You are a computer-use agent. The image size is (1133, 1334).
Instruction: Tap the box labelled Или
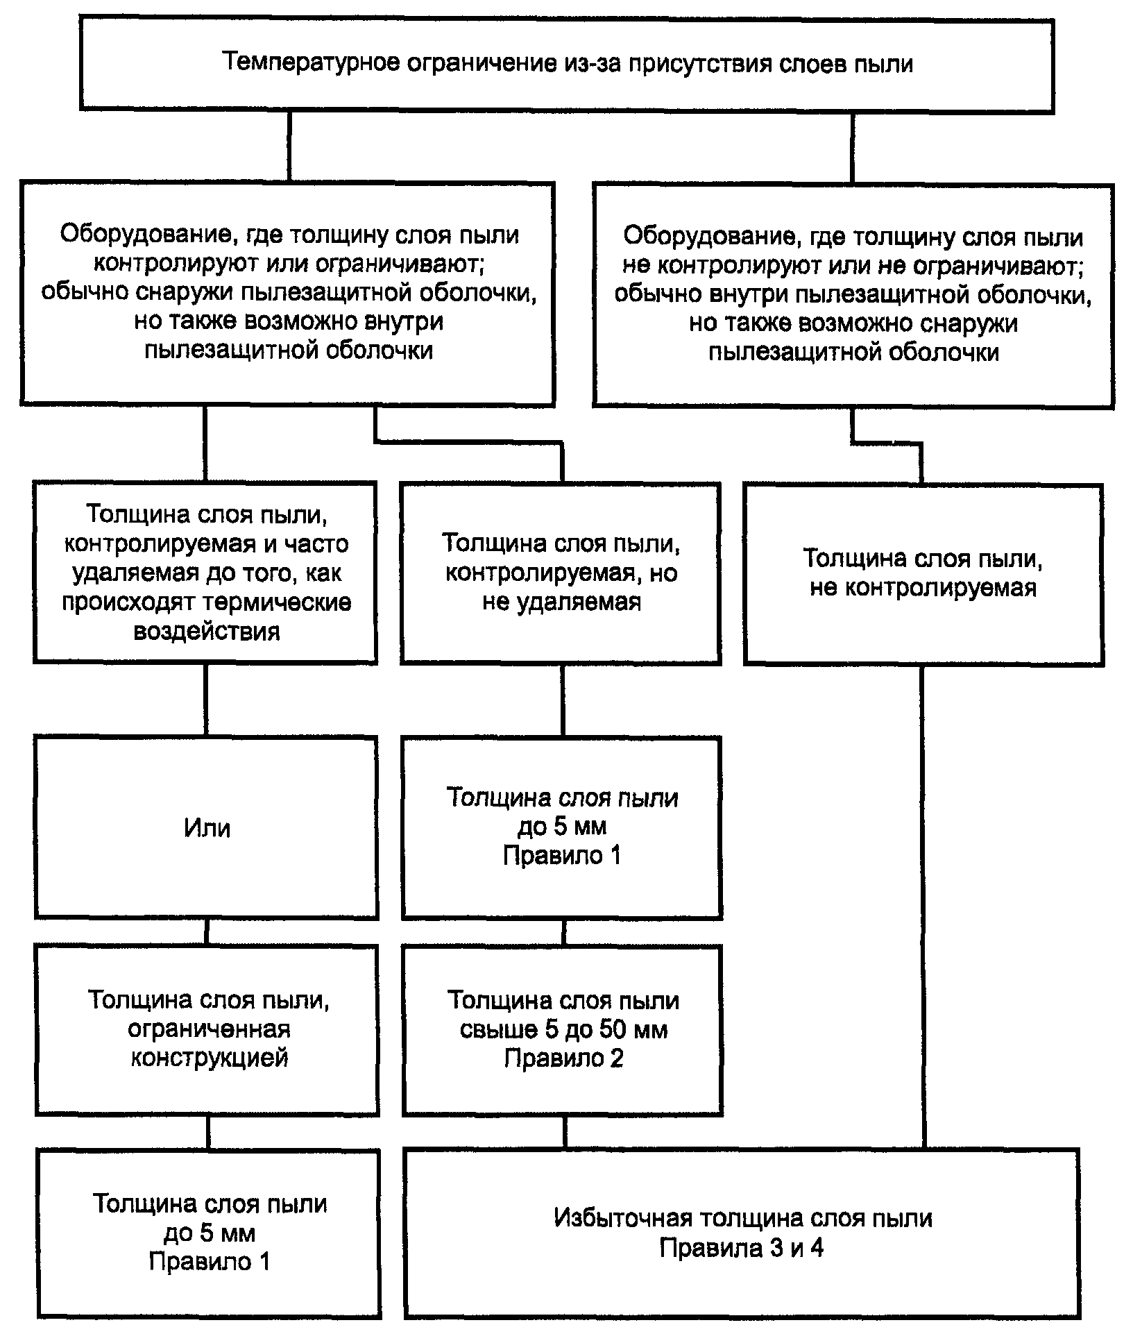pos(207,828)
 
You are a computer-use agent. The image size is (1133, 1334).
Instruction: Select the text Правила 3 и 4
pos(742,1249)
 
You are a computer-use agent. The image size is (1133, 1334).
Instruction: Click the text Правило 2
pos(563,1058)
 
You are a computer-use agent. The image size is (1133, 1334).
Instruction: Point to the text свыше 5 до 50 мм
pos(563,1029)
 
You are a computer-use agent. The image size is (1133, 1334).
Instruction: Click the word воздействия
pos(207,632)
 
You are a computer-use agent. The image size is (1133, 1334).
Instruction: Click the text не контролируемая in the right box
pos(923,589)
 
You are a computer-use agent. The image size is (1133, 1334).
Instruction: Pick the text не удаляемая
pos(562,602)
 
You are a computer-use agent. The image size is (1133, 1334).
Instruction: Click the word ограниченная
pos(209,1029)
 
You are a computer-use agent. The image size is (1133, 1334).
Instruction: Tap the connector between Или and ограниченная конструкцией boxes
pos(207,931)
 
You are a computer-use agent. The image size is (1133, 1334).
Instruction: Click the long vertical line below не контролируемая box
pos(923,907)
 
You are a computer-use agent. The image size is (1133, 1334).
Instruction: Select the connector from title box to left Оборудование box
pos(290,147)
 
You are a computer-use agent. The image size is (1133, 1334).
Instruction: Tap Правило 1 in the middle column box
pos(562,856)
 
